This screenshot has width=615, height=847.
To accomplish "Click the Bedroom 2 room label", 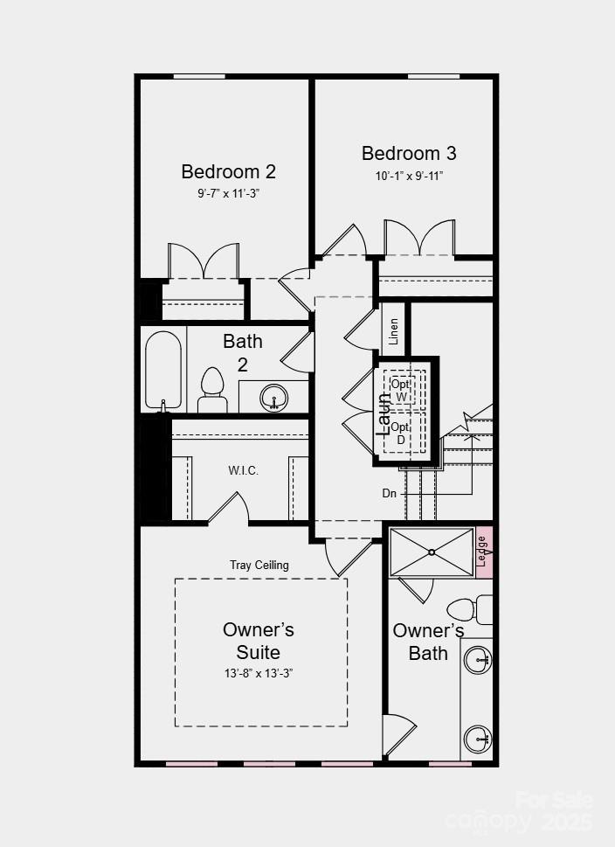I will coord(228,171).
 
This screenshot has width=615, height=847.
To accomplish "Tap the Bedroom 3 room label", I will coord(409,154).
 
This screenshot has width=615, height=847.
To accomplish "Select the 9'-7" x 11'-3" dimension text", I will coord(228,194).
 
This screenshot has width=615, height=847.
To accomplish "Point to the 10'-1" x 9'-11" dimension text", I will coord(409,176).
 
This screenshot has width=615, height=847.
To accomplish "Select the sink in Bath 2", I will coord(273,399).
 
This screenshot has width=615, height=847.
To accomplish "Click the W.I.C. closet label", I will coord(244,470).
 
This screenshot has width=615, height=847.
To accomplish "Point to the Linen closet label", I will coord(394,331).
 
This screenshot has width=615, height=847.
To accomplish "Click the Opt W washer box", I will coord(401,391).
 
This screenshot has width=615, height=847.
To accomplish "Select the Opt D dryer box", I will coord(401,433).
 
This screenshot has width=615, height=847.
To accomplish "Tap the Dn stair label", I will coord(390,494).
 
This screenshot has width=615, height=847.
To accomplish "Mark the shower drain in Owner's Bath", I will coord(432,552).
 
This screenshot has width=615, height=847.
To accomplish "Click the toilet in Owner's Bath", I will coord(469,609).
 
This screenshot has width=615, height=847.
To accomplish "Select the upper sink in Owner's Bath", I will coord(478,659).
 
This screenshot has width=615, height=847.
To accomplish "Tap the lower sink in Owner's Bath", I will coord(478,738).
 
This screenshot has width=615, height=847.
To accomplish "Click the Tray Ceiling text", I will coord(259,566).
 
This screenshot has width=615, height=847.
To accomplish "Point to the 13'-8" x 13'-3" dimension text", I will coord(259,674).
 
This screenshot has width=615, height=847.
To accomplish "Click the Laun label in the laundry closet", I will coord(384,413).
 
